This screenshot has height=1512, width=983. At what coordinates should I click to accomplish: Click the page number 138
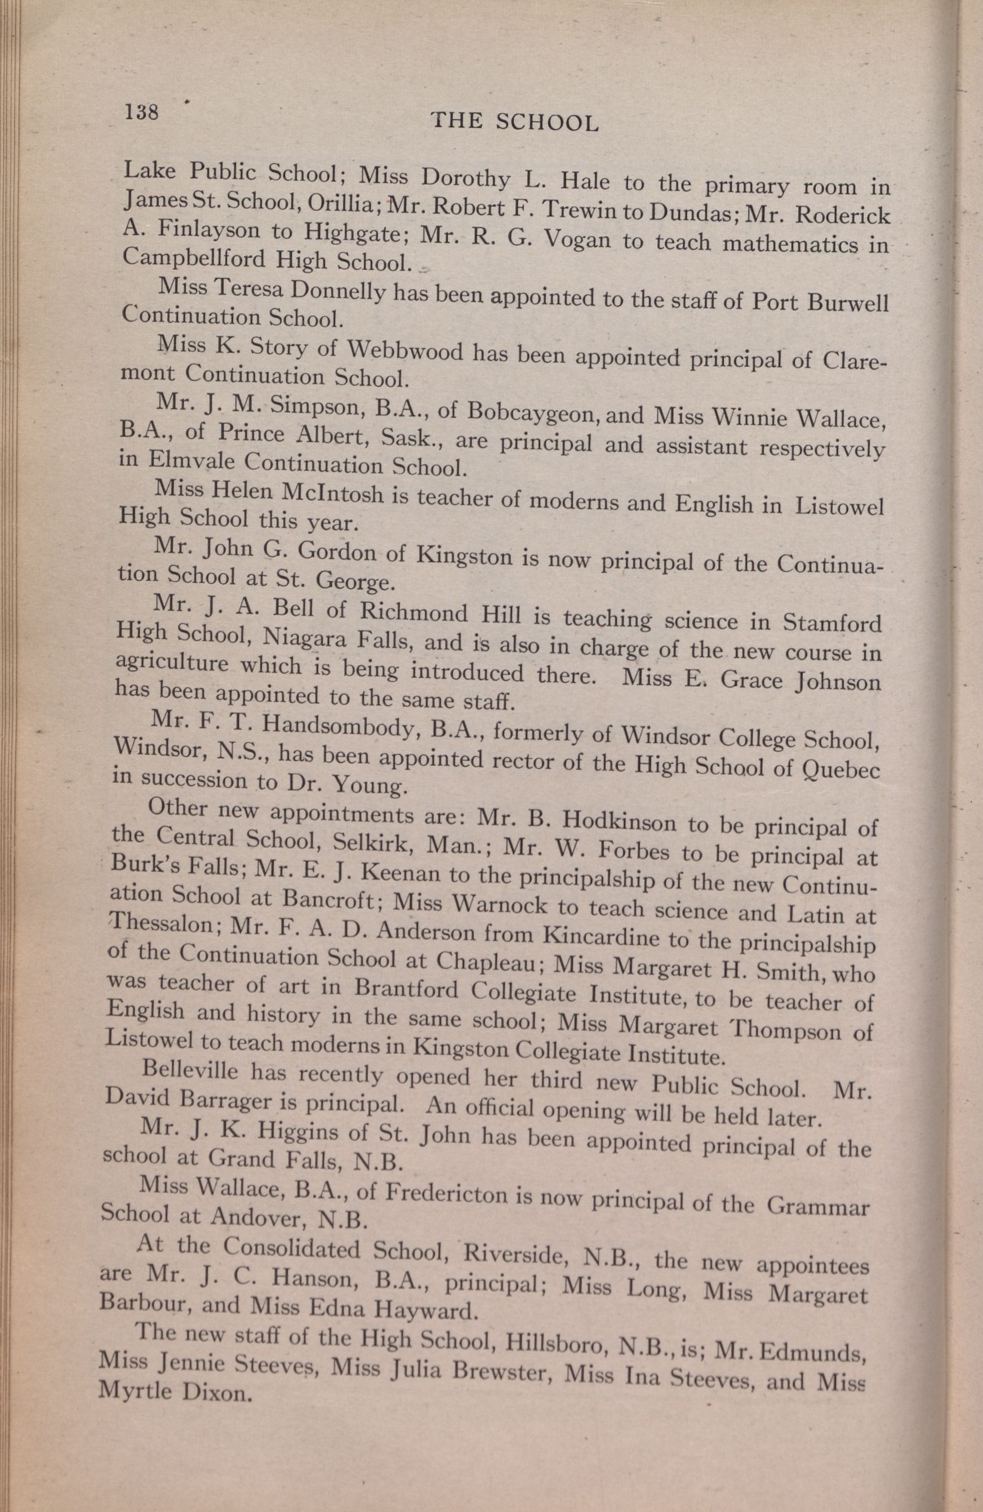[142, 113]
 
